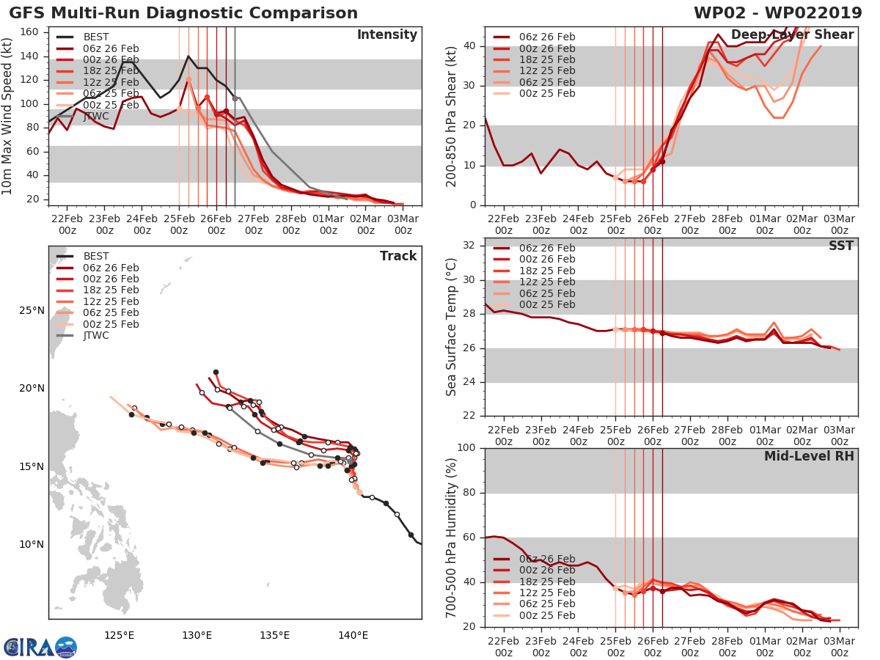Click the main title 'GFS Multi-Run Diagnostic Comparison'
[x=183, y=13]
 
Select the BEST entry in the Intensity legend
[x=96, y=37]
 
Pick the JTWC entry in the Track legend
[x=96, y=336]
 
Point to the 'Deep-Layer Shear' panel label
[x=792, y=35]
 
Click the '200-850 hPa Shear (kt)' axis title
[x=452, y=117]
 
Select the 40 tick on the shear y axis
[x=471, y=46]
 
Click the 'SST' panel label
[x=840, y=246]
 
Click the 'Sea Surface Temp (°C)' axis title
[x=452, y=327]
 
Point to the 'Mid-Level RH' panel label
[x=809, y=456]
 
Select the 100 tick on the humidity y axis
[x=468, y=448]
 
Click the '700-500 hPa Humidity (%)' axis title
[x=452, y=537]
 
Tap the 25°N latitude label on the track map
[x=32, y=310]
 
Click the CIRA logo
[x=40, y=647]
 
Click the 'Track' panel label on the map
[x=398, y=256]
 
